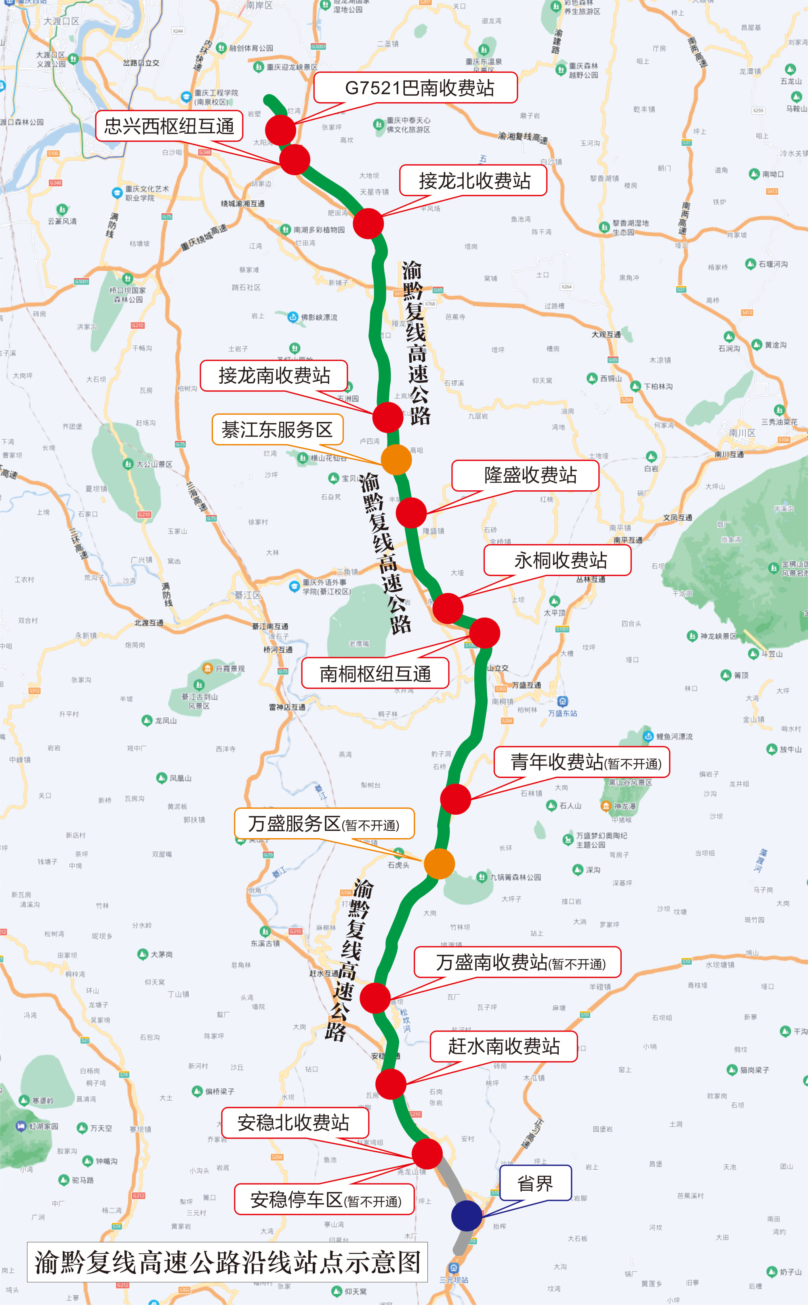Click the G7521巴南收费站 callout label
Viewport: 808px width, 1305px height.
coord(415,88)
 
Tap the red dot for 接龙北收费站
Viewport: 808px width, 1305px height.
coord(368,223)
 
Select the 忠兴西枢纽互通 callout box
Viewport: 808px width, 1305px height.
coord(169,126)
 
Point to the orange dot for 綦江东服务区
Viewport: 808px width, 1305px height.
coord(396,459)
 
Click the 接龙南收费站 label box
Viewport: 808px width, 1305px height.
coord(274,376)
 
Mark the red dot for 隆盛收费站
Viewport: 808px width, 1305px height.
coord(411,513)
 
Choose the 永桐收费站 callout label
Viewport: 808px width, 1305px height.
coord(558,560)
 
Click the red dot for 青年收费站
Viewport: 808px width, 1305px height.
coord(455,799)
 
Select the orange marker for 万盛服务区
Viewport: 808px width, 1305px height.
coord(439,864)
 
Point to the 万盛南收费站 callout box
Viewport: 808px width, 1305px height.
coord(517,962)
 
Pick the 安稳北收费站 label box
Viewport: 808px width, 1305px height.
coord(295,1123)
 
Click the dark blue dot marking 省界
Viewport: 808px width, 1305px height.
coord(467,1216)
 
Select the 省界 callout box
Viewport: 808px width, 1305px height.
coord(535,1183)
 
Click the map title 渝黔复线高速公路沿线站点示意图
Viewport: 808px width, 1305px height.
coord(227,1262)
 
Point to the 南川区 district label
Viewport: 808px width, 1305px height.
coord(742,432)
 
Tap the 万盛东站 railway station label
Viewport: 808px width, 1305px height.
coord(562,713)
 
